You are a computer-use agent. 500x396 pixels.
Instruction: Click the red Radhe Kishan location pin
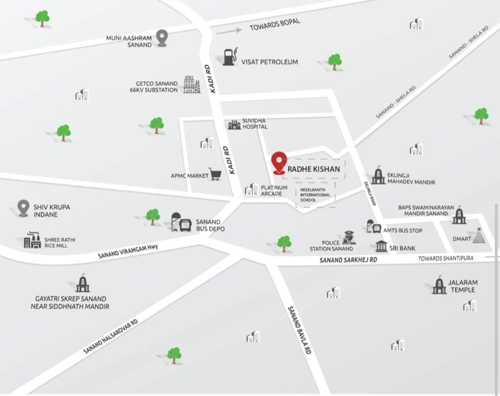click(279, 162)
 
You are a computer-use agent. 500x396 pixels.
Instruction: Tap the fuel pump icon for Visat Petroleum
click(230, 57)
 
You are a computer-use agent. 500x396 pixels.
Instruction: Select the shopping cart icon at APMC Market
click(215, 174)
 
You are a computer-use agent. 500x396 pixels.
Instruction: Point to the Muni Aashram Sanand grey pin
click(162, 38)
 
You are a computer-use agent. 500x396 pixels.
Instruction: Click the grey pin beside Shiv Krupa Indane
click(23, 208)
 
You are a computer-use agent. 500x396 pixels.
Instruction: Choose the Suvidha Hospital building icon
click(234, 124)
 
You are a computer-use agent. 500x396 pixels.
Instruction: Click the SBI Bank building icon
click(381, 246)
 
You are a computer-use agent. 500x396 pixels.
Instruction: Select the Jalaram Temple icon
click(439, 285)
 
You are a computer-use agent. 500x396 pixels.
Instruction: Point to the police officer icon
click(349, 238)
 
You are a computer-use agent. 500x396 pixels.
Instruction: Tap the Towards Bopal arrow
click(229, 31)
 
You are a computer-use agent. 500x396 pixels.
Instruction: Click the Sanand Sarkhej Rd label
click(349, 260)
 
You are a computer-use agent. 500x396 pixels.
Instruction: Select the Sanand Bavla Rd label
click(300, 329)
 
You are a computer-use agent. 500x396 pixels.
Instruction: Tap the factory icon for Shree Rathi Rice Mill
click(32, 240)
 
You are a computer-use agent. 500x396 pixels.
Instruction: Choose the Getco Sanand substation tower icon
click(192, 85)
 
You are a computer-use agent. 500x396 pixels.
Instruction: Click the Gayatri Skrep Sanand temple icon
click(82, 283)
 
